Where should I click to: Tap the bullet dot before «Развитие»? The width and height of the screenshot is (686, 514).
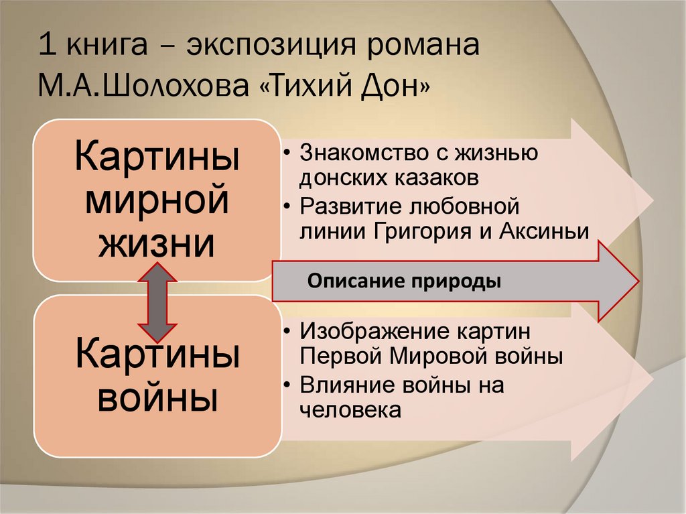pyautogui.click(x=287, y=205)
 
